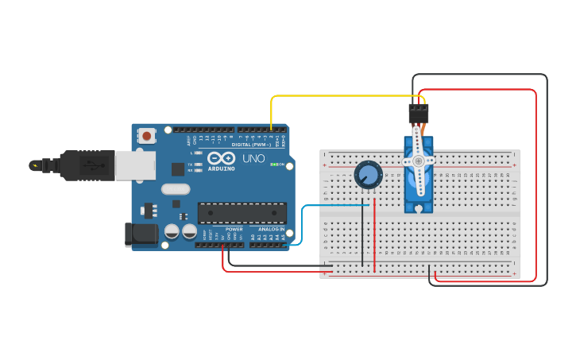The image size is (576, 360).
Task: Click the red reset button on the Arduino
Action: (x=146, y=136)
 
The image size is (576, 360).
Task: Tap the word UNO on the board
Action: (x=253, y=158)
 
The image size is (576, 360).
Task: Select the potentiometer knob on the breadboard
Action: (x=368, y=175)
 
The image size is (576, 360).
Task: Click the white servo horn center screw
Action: (x=418, y=161)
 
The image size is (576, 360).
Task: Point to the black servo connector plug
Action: (x=418, y=114)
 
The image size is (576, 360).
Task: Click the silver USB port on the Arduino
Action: (x=135, y=165)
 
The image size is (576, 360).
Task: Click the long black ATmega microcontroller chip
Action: (x=242, y=213)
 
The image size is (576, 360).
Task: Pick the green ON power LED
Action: (x=274, y=165)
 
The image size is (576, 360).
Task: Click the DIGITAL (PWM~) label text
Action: (x=251, y=145)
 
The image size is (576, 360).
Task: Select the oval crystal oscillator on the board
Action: (x=176, y=189)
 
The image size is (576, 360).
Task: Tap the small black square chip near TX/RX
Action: (x=178, y=168)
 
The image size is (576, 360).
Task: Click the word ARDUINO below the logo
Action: (x=221, y=168)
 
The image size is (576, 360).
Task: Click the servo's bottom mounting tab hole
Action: (x=418, y=208)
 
